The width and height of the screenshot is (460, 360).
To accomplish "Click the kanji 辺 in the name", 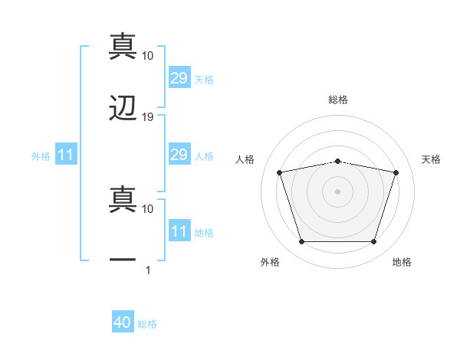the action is point(123,108).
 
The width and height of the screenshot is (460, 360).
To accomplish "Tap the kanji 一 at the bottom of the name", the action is point(123,260).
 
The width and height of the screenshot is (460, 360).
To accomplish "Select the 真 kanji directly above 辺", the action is point(123,46).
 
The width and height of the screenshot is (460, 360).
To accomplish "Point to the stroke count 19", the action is point(147,117).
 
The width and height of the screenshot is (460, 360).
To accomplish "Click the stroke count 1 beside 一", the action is point(148,270).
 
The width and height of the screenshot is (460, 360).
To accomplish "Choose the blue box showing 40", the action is point(123,321).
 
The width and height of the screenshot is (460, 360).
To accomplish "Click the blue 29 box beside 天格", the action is point(179,77).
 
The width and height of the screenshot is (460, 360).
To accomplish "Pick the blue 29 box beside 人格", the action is point(179,154).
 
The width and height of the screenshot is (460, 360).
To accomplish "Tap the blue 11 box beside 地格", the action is point(179,230).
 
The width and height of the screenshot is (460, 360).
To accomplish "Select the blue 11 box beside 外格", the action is point(66,154).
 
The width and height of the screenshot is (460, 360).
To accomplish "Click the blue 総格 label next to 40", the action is point(147,324).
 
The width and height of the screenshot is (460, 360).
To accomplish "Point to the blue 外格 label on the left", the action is point(41,156).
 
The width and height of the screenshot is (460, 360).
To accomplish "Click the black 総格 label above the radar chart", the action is point(338,100).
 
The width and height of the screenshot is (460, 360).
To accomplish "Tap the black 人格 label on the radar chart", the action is point(245,159).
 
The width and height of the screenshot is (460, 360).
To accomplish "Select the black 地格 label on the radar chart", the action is point(402,262).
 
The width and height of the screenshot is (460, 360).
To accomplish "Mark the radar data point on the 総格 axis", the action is point(337,162).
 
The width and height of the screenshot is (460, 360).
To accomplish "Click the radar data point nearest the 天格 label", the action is point(396,172).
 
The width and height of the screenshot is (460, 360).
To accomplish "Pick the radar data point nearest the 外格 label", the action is point(302,241).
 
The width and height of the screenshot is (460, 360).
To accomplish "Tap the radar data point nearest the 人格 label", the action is point(280,172).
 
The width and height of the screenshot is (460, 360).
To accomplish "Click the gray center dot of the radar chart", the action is point(337,191).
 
